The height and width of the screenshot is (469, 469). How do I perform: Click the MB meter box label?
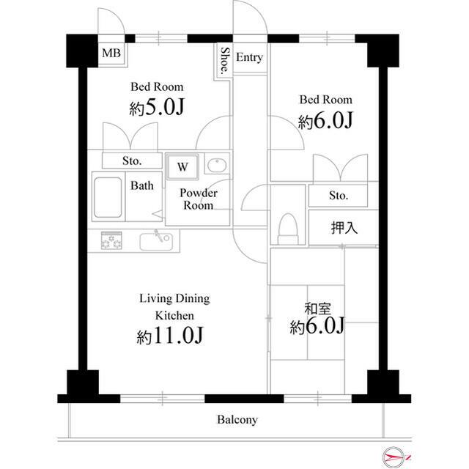click(x=111, y=53)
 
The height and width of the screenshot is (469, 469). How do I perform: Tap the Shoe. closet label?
click(x=225, y=61)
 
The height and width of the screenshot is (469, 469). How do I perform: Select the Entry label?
click(x=249, y=57)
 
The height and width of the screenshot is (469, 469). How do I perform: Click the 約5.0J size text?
click(x=157, y=107)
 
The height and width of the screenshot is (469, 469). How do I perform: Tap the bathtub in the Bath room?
click(x=108, y=197)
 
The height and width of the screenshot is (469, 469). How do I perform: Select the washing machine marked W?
click(x=182, y=166)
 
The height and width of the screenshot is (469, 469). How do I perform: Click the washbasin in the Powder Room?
click(x=217, y=166)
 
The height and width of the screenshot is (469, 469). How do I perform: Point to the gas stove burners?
click(x=111, y=240)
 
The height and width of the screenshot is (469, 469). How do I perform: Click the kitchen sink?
click(x=156, y=242)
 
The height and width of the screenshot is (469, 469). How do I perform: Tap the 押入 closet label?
click(x=344, y=228)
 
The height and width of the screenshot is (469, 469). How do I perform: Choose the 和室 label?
click(x=317, y=309)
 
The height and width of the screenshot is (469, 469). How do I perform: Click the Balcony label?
click(x=237, y=420)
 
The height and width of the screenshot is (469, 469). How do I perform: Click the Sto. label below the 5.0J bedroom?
click(x=132, y=161)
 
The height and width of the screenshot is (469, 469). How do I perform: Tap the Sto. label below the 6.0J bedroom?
click(x=339, y=196)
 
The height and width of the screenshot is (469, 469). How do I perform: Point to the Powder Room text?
click(x=199, y=199)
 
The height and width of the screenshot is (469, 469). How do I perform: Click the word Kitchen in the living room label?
click(x=174, y=316)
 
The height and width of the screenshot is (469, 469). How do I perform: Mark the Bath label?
click(x=142, y=185)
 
